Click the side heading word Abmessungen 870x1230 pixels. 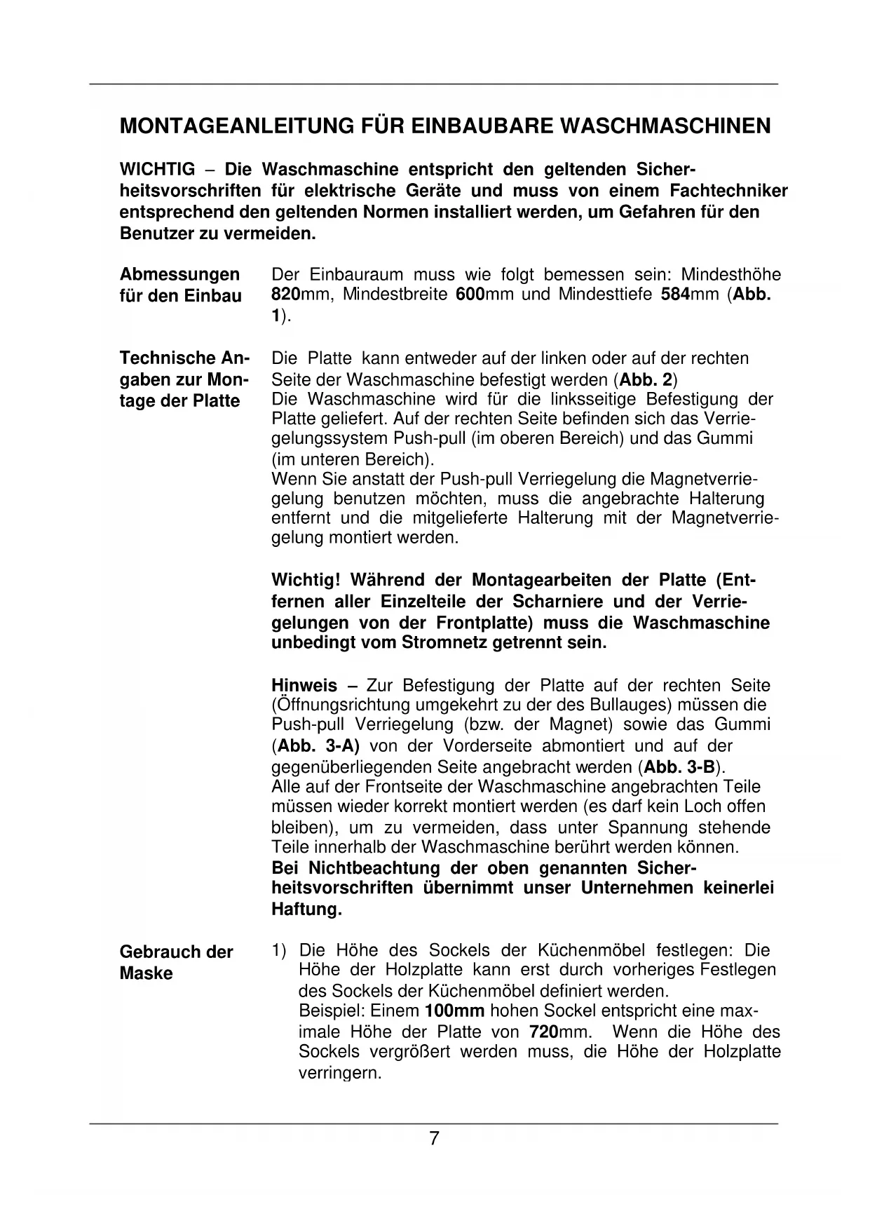click(179, 274)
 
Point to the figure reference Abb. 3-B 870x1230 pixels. click(678, 766)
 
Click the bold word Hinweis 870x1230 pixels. click(304, 685)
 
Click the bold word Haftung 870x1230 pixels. click(306, 910)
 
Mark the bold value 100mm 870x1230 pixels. click(455, 1011)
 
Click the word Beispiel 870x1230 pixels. click(329, 1011)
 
